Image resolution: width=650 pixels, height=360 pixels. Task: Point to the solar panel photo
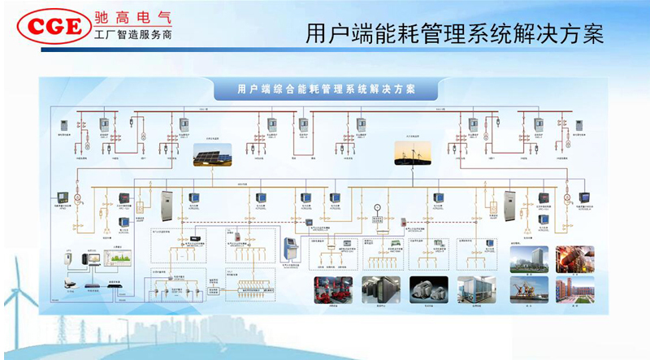[x=210, y=154]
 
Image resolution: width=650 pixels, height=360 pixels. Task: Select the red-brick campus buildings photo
[x=574, y=289]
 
